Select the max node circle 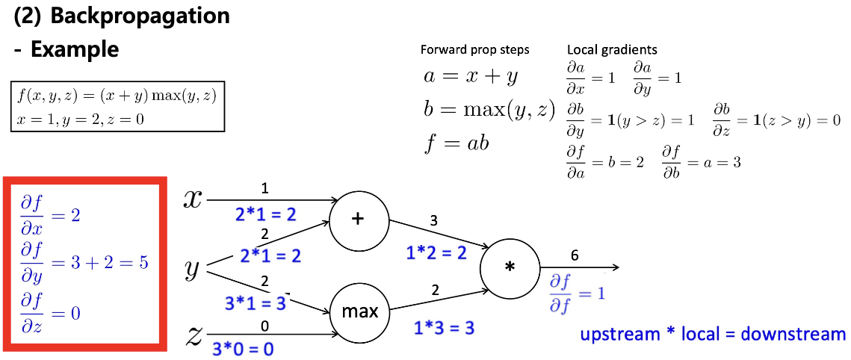click(359, 311)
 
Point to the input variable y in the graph click(192, 268)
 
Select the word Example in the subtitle click(75, 49)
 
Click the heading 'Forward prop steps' click(475, 50)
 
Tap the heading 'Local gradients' click(612, 50)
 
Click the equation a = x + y click(471, 76)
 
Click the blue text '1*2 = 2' click(437, 252)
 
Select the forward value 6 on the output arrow click(574, 255)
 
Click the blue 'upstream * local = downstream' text click(713, 334)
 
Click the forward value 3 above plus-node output click(433, 220)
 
